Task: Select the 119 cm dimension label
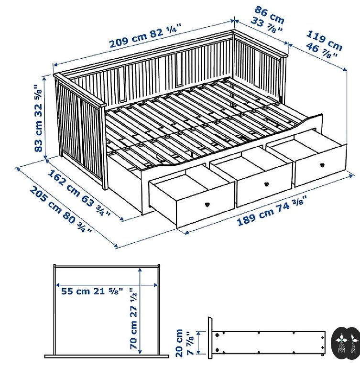tap(324, 41)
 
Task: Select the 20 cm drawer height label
tap(179, 343)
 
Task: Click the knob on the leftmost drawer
tap(207, 205)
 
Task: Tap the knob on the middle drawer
tap(267, 184)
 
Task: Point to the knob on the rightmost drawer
tap(322, 165)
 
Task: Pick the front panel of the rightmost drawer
tap(321, 165)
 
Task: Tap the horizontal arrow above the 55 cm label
tap(107, 285)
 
